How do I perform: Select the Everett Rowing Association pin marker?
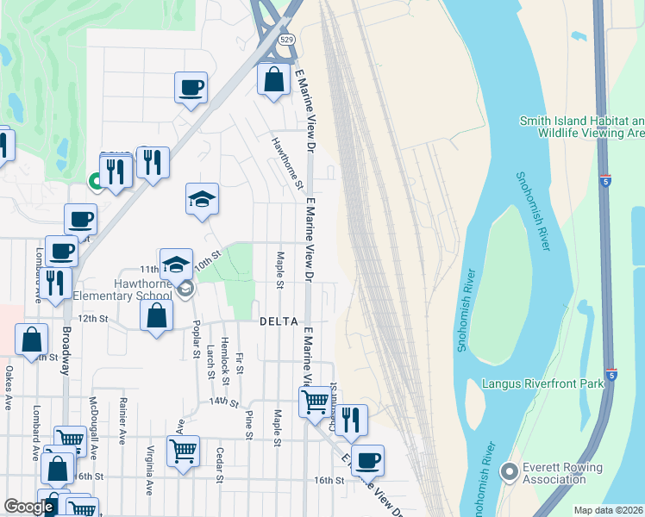tap(509, 471)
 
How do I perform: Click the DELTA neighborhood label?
tap(279, 321)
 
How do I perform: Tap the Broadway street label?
tap(66, 352)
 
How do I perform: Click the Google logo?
tap(28, 507)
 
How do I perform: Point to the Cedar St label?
tap(221, 465)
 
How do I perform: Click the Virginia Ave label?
tap(150, 468)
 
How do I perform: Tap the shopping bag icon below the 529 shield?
tap(273, 80)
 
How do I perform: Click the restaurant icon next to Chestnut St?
tap(351, 420)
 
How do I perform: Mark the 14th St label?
tap(223, 402)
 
